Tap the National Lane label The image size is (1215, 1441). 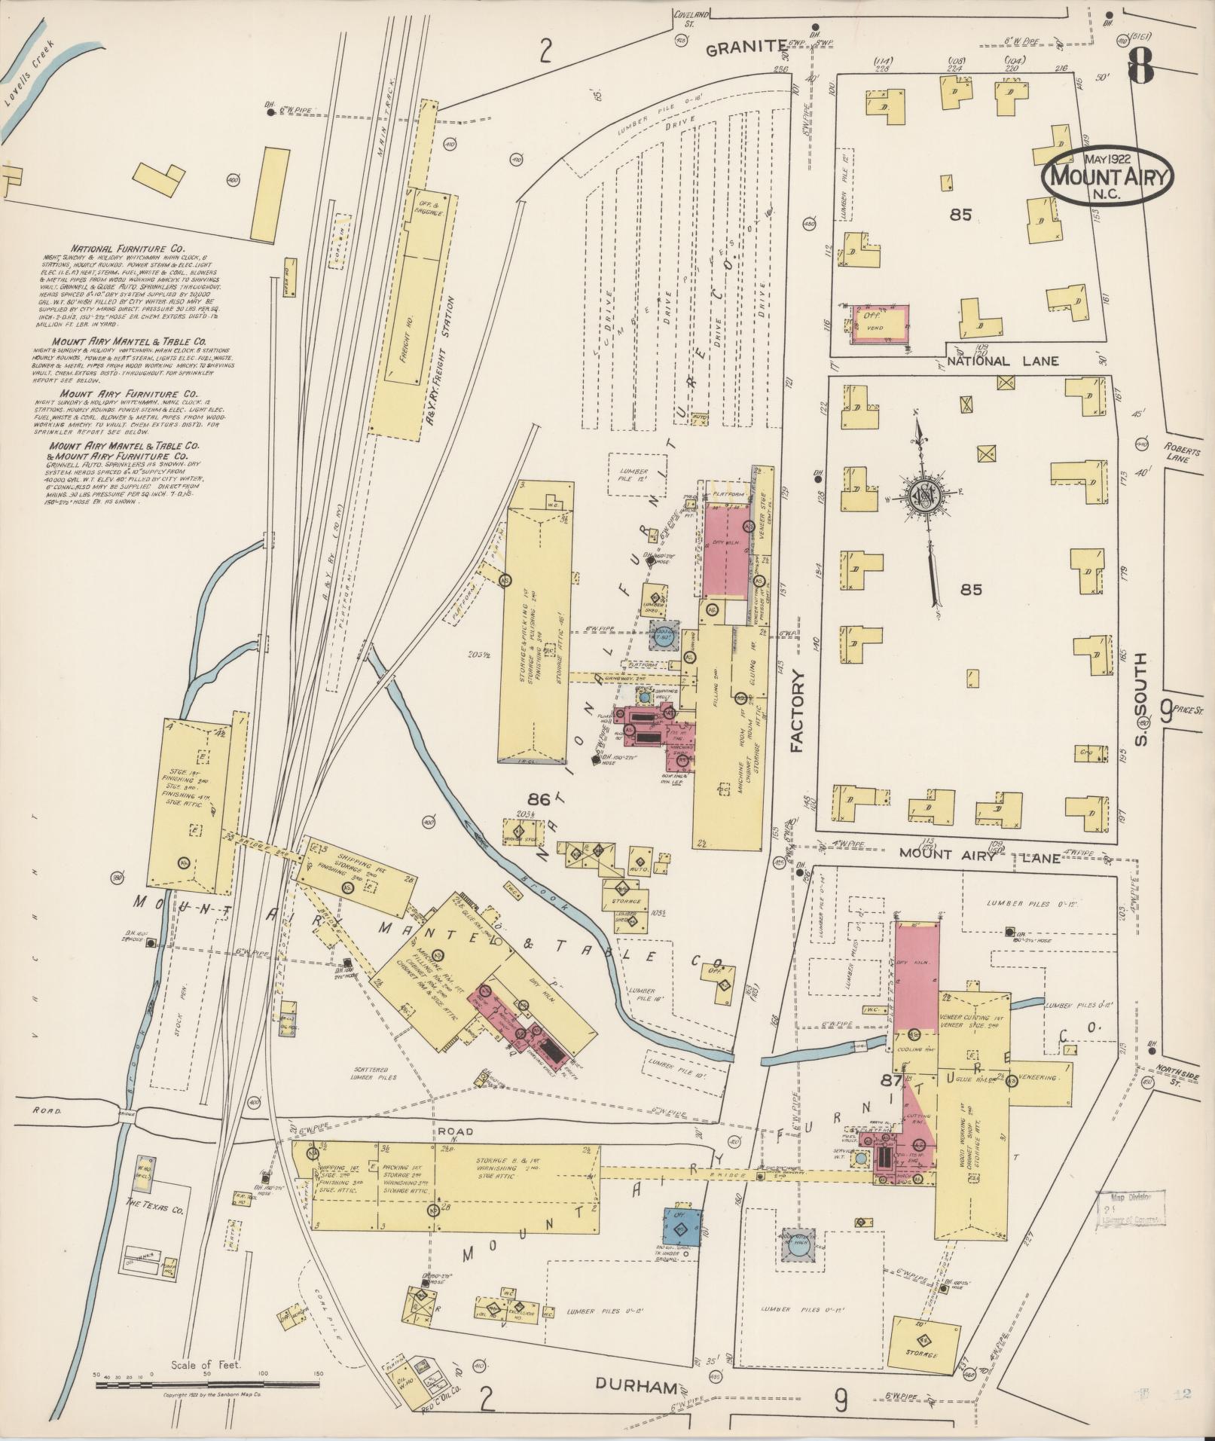(1003, 361)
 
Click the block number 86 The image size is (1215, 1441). (539, 799)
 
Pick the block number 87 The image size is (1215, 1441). (892, 1080)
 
